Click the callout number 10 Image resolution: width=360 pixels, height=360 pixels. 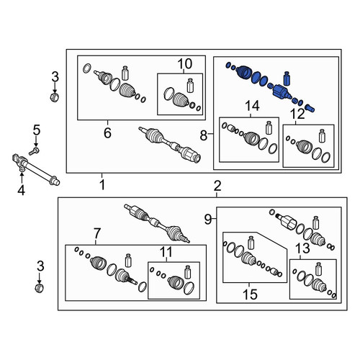tap(185, 63)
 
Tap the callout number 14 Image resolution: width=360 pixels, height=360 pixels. tap(252, 106)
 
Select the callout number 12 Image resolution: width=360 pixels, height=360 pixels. tap(297, 114)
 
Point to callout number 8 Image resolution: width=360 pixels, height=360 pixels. tap(204, 135)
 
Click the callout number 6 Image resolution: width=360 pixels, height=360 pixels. tap(107, 132)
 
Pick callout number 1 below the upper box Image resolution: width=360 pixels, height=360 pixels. tap(102, 185)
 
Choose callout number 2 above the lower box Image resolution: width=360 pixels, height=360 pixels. tap(217, 186)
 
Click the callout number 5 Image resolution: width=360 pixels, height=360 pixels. tap(37, 130)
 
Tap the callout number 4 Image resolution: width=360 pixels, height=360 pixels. tap(22, 191)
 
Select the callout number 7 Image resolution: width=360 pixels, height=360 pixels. tap(96, 233)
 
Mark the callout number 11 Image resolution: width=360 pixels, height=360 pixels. tap(166, 252)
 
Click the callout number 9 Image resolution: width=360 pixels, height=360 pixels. tap(208, 219)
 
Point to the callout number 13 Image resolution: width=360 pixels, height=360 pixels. tap(302, 248)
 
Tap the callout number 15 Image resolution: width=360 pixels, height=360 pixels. tap(250, 294)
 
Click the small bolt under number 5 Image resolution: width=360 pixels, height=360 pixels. tap(34, 151)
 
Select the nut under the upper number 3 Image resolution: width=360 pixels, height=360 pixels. tap(55, 97)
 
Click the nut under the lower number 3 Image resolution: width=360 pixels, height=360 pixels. tap(39, 288)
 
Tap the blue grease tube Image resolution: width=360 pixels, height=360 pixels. tap(287, 78)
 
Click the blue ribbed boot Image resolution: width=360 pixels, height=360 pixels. tap(243, 72)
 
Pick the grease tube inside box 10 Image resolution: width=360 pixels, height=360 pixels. tap(190, 86)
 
